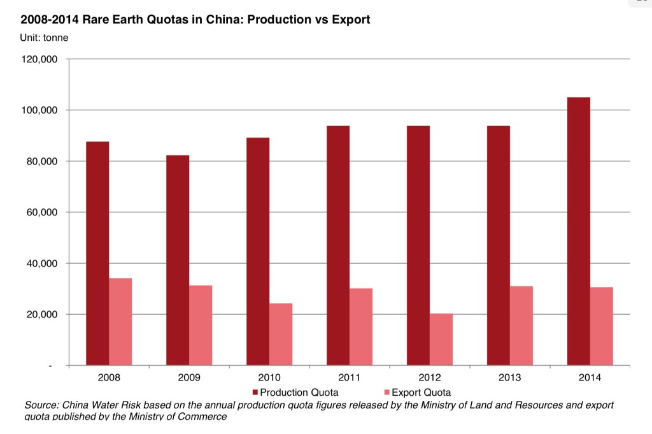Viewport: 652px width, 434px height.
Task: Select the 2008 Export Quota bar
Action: (x=120, y=321)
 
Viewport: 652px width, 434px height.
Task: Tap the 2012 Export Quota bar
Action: (x=441, y=339)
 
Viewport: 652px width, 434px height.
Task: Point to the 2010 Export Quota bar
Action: (x=281, y=334)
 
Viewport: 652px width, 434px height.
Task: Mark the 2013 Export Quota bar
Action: (x=521, y=326)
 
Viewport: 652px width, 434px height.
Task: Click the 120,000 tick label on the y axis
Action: (x=40, y=59)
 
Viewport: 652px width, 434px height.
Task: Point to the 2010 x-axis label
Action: (x=269, y=378)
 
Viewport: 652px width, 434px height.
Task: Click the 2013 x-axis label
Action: (x=510, y=378)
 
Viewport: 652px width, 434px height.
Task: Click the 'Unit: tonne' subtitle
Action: (x=45, y=37)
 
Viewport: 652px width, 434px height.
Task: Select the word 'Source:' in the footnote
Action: (x=41, y=406)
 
